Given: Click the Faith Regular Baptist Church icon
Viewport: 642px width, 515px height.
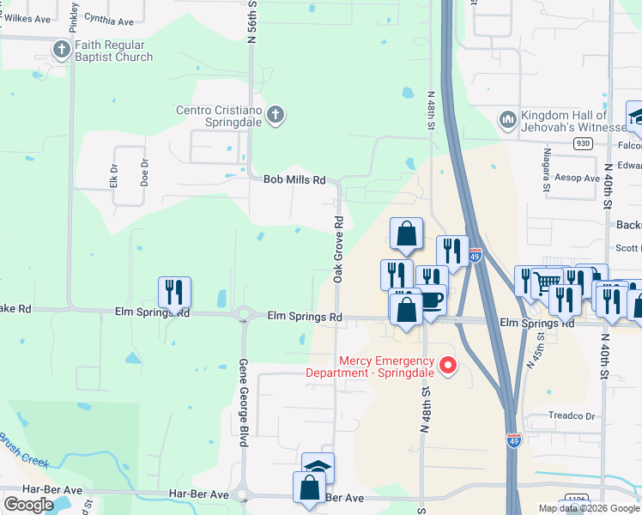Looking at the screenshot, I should coord(61,50).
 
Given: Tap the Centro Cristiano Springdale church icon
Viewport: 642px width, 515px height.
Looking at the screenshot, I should coord(276,115).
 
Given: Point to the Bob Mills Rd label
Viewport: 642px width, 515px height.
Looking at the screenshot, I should coord(294,180).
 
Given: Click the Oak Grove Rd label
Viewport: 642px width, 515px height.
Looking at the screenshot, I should coord(338,250).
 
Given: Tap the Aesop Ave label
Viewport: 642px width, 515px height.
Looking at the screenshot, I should coord(579,178).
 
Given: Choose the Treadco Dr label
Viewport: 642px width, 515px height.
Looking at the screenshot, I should coord(572,416).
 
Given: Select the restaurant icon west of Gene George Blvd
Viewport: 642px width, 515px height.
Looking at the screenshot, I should coord(174,293).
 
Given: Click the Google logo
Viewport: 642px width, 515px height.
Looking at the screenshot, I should coord(28,504).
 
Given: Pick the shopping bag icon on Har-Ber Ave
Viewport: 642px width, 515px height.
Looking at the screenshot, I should coord(309,488).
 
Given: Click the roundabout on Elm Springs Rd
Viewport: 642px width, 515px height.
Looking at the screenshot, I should coord(244,316).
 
